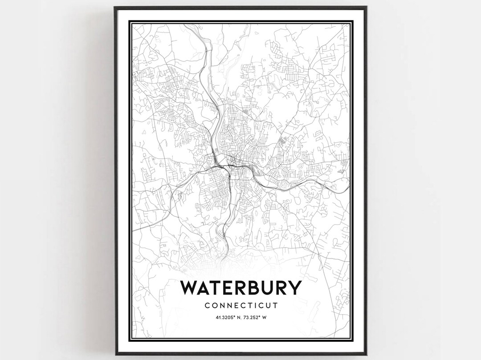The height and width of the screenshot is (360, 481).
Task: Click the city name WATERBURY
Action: (240, 288)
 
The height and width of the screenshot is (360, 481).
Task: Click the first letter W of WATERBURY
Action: (189, 288)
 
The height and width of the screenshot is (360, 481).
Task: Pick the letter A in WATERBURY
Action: (205, 288)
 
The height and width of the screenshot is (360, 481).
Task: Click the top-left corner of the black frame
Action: (115, 7)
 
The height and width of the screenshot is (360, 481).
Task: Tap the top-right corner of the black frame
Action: (366, 7)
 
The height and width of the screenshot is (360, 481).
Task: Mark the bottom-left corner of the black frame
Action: (115, 354)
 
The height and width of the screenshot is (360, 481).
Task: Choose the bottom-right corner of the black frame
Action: (366, 354)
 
